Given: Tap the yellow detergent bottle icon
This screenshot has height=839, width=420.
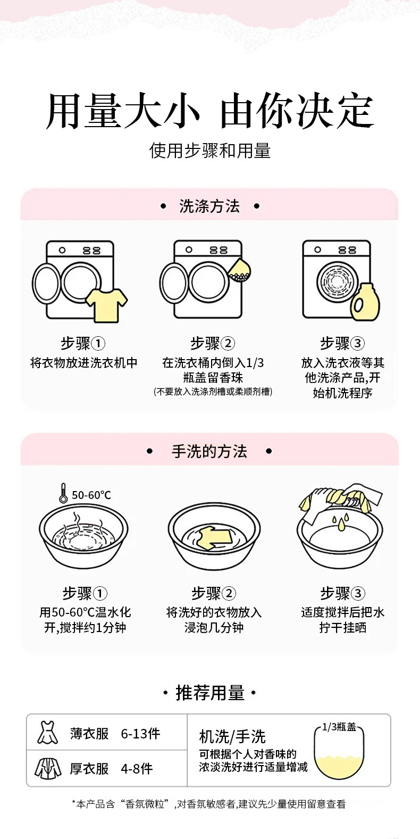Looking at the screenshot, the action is (x=365, y=302).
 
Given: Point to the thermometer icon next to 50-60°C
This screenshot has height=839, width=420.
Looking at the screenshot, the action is (x=63, y=493).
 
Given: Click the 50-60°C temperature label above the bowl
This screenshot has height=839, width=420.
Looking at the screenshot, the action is (x=91, y=495).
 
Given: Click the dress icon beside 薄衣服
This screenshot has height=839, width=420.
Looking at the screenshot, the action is (x=47, y=733).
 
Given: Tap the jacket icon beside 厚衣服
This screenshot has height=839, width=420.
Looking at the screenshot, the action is (x=48, y=768).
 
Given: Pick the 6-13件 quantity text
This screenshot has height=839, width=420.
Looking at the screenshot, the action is (x=140, y=734).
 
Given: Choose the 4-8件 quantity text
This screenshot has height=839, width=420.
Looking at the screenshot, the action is (x=137, y=769).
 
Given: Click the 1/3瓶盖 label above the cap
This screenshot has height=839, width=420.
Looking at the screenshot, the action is (x=339, y=727).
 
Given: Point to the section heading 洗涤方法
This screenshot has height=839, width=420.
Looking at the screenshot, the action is (x=209, y=206).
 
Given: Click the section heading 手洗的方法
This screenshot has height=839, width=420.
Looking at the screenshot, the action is (x=209, y=452).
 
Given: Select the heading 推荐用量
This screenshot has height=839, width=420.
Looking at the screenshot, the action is (x=210, y=693).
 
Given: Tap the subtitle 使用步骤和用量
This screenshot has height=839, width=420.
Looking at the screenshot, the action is (x=210, y=151).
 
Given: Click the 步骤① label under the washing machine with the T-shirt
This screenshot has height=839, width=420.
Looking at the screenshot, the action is (x=83, y=343).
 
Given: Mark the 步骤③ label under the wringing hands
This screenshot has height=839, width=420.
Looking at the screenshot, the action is (x=342, y=593).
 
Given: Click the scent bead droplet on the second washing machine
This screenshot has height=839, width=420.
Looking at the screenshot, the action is (x=239, y=270).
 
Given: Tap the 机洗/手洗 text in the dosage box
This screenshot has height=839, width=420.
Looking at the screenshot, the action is (x=232, y=737).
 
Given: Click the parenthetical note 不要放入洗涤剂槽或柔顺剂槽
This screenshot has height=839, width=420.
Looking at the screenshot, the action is (x=213, y=392).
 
